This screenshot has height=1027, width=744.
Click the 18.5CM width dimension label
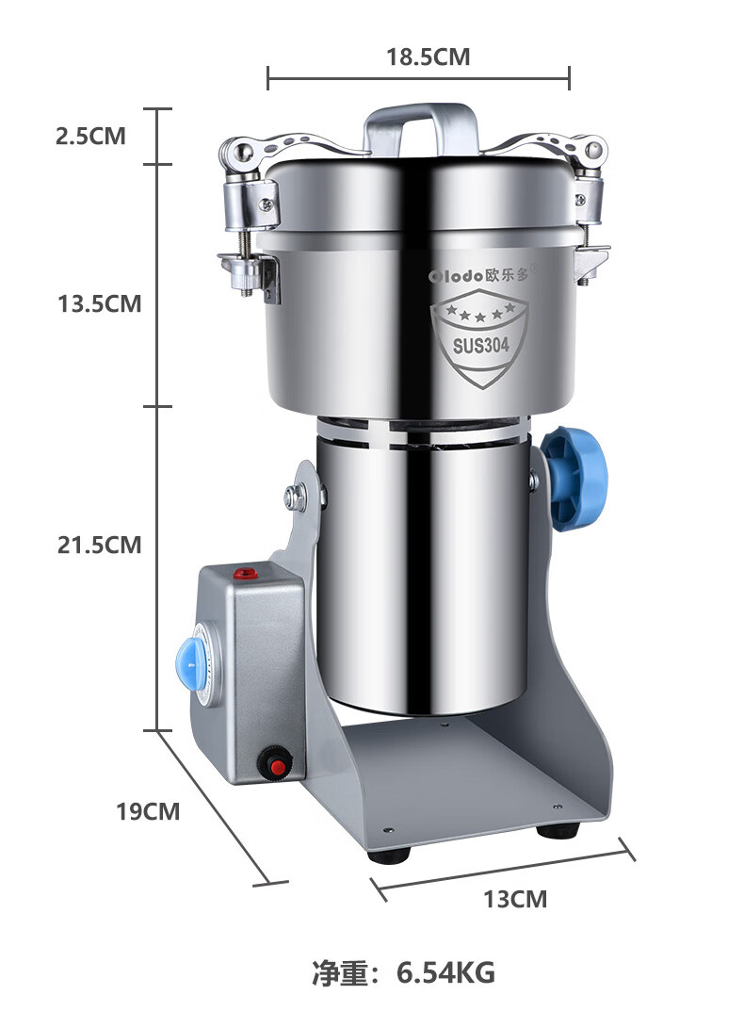point(428,57)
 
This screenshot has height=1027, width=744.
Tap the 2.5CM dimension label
point(90,137)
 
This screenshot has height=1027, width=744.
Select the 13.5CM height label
point(100,304)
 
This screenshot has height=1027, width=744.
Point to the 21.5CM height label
point(100,545)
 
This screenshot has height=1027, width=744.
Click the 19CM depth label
point(148,811)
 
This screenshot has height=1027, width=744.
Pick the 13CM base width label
point(515,899)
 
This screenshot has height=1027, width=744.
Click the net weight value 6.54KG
point(446,972)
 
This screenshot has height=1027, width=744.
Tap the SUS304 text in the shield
point(480,345)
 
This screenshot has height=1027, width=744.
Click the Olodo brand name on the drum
point(456,276)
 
